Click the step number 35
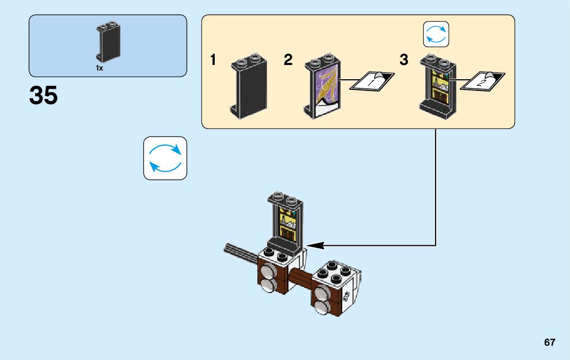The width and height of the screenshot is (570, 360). coord(44,96)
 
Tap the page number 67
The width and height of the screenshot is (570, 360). coord(549,342)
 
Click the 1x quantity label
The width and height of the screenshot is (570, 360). coord(99,68)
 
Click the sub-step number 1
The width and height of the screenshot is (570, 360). coord(213,60)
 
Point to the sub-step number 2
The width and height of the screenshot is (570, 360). coord(288,60)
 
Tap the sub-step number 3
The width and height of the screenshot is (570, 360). coord(404,60)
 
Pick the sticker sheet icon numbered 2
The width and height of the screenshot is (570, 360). coord(485,81)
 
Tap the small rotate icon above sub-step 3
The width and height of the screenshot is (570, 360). coord(436,34)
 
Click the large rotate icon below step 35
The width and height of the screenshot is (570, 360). coord(165,158)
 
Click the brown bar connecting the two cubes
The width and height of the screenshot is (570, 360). coord(301,279)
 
